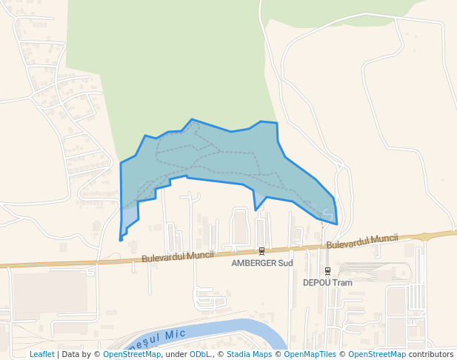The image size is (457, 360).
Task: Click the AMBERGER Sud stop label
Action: (x=262, y=263)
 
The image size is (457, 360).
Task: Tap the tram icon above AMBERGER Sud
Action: (x=261, y=250)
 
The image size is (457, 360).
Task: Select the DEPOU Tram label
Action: (x=327, y=282)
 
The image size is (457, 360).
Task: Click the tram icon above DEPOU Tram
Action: (x=327, y=270)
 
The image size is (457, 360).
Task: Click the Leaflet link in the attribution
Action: (x=42, y=355)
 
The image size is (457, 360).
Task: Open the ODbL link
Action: (x=200, y=355)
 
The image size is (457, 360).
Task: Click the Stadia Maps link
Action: (x=249, y=355)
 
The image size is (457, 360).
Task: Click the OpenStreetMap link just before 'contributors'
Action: (x=377, y=355)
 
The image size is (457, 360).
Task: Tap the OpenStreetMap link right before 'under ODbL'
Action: (x=132, y=355)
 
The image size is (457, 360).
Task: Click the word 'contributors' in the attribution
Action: (x=431, y=355)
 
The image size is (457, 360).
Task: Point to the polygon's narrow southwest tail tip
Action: (x=120, y=239)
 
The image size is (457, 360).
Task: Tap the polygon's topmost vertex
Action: (x=193, y=119)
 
